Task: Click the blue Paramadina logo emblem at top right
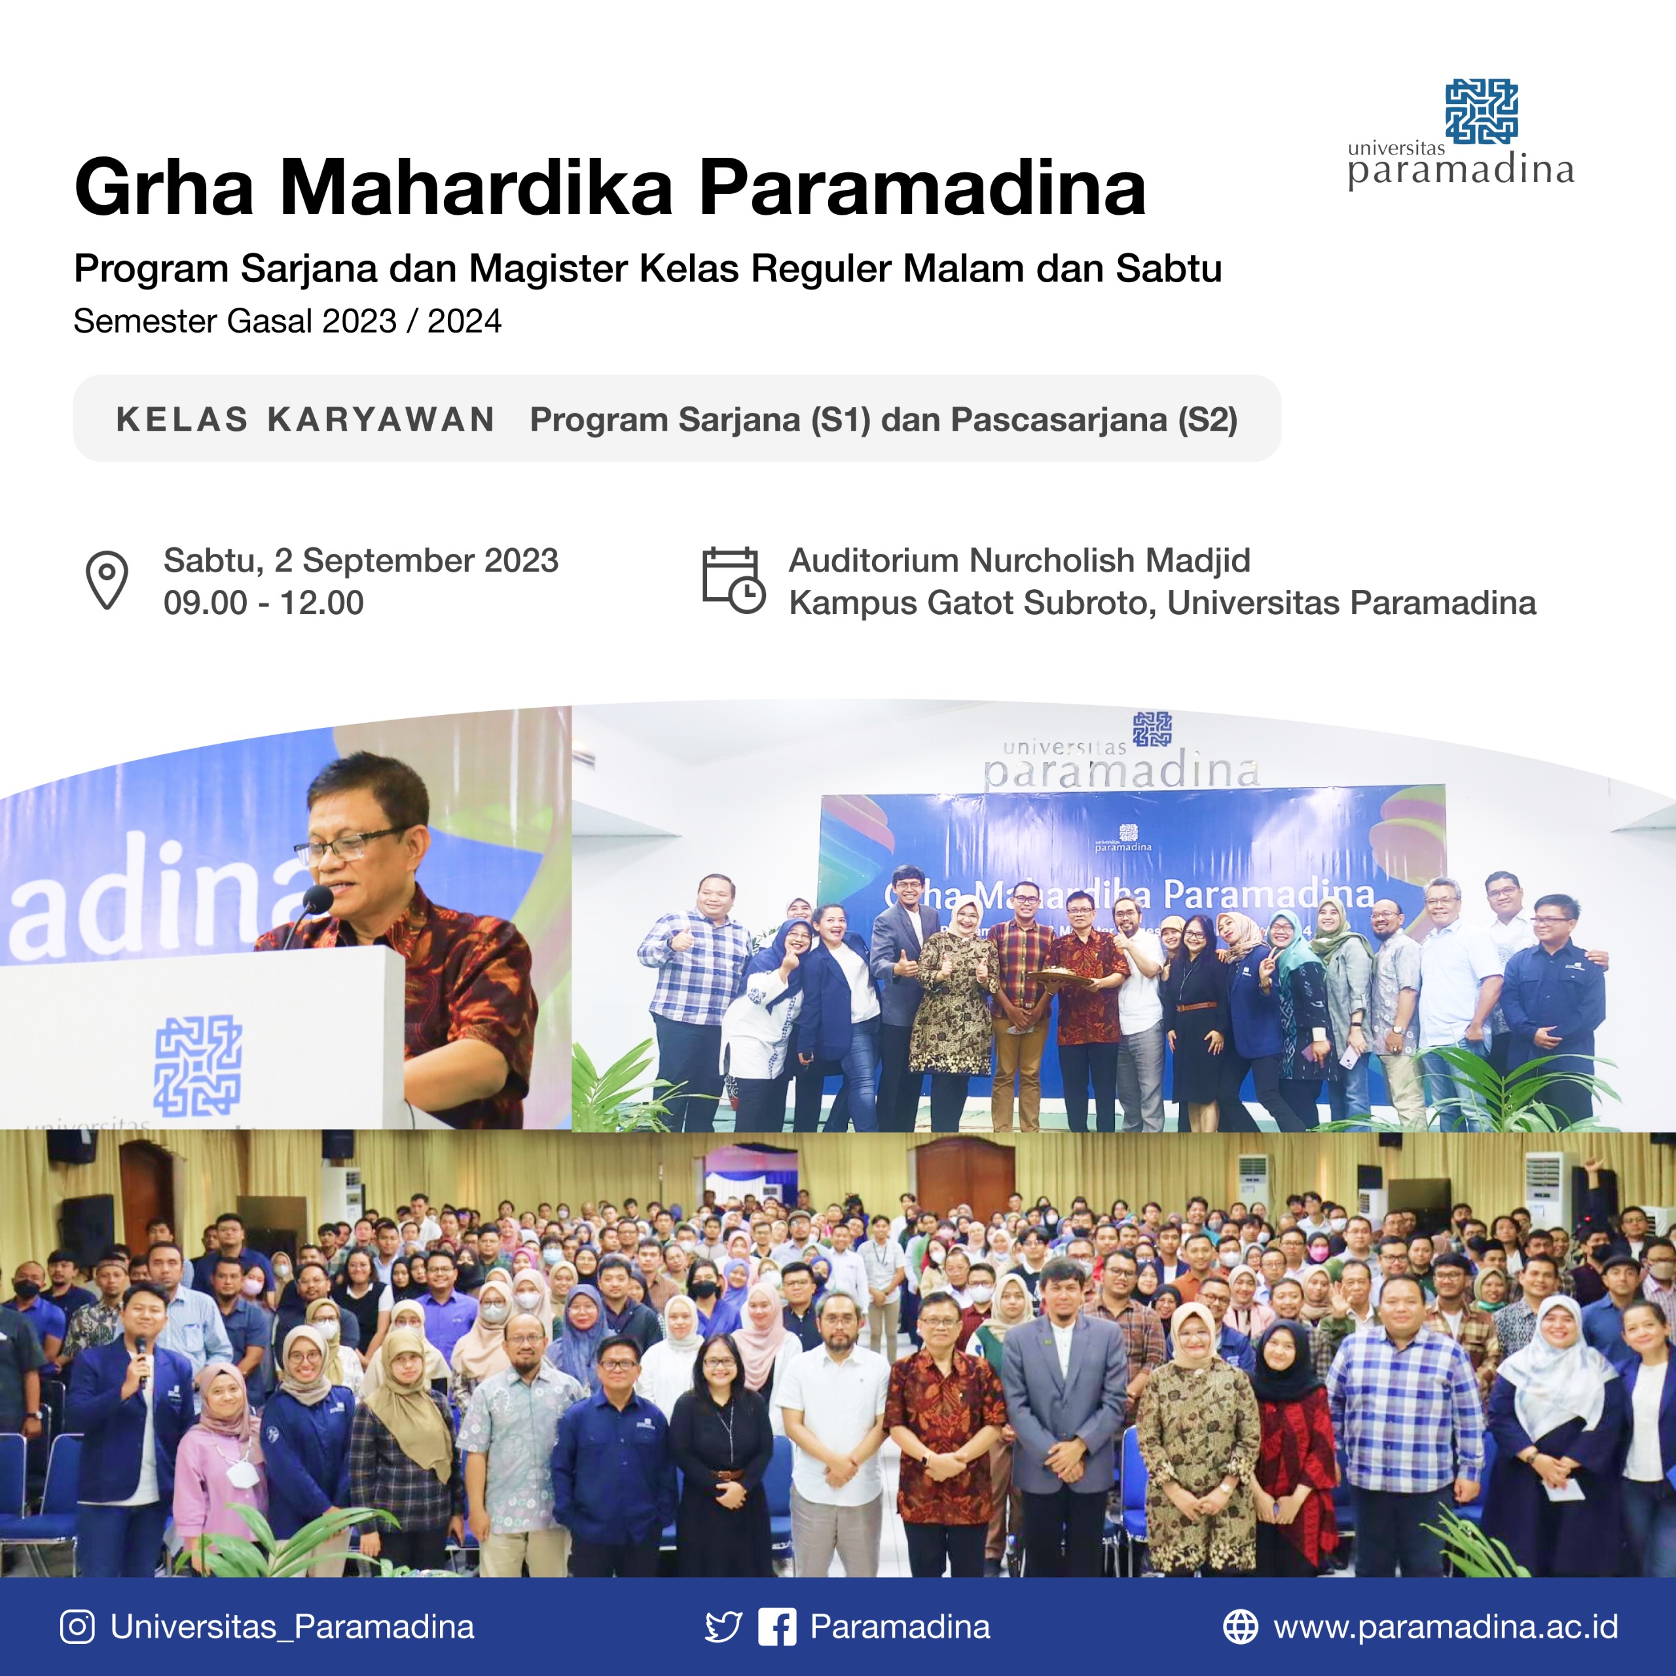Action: point(1481,111)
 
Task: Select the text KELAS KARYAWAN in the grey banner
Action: point(305,420)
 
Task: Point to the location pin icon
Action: point(107,579)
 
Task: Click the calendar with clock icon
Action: point(733,579)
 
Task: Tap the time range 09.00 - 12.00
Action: point(264,603)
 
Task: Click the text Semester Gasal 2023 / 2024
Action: point(287,321)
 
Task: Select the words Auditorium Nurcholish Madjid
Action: point(1019,560)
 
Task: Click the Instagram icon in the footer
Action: point(77,1626)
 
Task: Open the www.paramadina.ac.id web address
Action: point(1446,1626)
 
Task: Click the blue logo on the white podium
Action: point(198,1065)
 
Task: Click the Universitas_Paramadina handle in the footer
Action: point(293,1626)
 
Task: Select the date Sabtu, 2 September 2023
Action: point(361,560)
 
